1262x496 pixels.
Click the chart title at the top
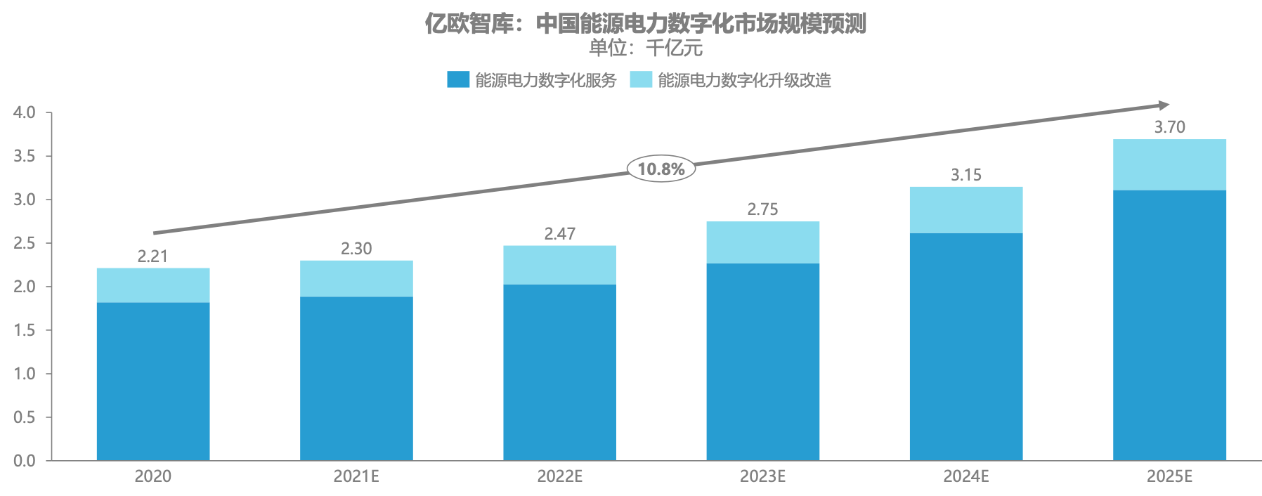click(x=645, y=24)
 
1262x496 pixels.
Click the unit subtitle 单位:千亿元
click(x=645, y=48)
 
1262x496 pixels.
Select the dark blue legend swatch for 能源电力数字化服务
click(x=457, y=79)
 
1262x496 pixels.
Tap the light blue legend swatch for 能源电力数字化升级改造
click(x=640, y=79)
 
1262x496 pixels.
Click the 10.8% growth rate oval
click(x=661, y=169)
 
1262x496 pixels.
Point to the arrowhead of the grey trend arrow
click(x=1164, y=105)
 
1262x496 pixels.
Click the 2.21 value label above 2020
click(x=152, y=256)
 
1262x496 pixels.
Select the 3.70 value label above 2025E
click(x=1169, y=127)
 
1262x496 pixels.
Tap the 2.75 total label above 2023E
click(x=762, y=209)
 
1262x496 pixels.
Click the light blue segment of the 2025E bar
click(x=1169, y=164)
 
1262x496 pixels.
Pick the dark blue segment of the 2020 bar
click(x=152, y=381)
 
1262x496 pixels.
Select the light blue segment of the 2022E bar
click(x=559, y=265)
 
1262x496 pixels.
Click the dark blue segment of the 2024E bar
click(x=965, y=346)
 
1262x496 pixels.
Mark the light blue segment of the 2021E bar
click(x=356, y=278)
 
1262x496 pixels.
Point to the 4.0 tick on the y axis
click(x=25, y=112)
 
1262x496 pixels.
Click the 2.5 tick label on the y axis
click(x=25, y=243)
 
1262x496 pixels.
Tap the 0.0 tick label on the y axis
click(x=25, y=461)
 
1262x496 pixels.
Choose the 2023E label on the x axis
click(x=762, y=476)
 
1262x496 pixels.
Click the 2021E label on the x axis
click(x=356, y=476)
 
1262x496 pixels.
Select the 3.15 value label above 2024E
click(x=965, y=175)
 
